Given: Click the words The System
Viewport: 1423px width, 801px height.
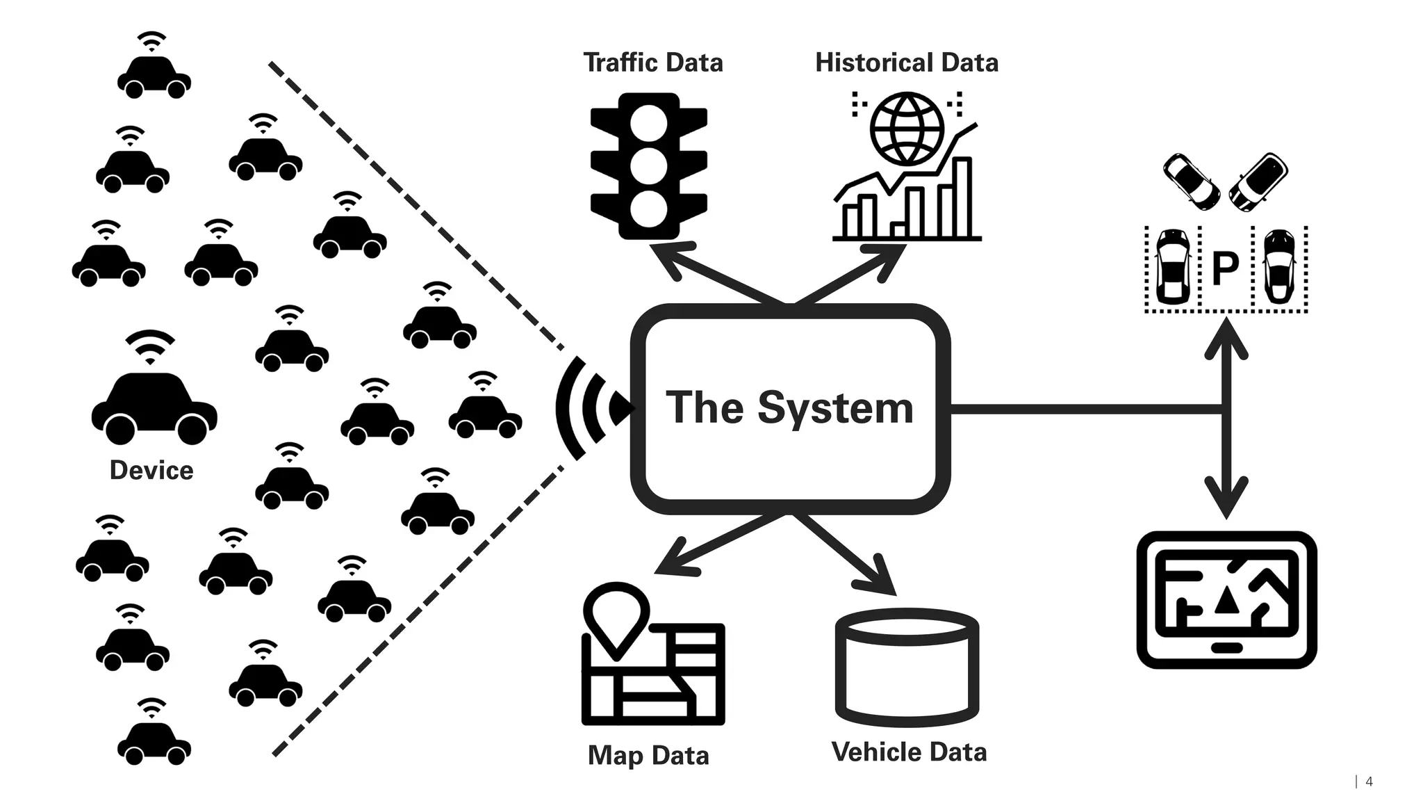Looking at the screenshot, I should click(789, 407).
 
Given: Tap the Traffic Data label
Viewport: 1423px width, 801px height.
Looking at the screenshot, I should click(652, 63).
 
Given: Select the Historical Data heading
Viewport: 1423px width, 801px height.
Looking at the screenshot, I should click(906, 63).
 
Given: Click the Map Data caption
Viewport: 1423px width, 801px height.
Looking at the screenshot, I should click(648, 755).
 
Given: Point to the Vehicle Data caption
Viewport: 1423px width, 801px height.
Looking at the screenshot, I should click(908, 752).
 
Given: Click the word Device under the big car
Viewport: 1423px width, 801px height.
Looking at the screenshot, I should click(151, 471).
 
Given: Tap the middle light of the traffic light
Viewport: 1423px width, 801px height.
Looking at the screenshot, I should click(648, 167).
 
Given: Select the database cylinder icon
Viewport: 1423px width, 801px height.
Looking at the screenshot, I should click(907, 667).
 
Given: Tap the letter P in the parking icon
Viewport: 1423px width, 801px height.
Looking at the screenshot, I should click(1225, 268).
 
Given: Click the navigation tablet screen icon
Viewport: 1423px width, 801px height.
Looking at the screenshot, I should click(1226, 599).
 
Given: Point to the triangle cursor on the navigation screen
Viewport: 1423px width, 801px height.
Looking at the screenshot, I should click(1226, 602).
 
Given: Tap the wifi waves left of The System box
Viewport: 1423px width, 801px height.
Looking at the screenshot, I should click(587, 408).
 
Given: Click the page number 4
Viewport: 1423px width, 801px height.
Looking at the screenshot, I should click(1369, 782).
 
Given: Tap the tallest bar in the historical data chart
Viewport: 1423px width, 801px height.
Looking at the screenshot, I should click(962, 198).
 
